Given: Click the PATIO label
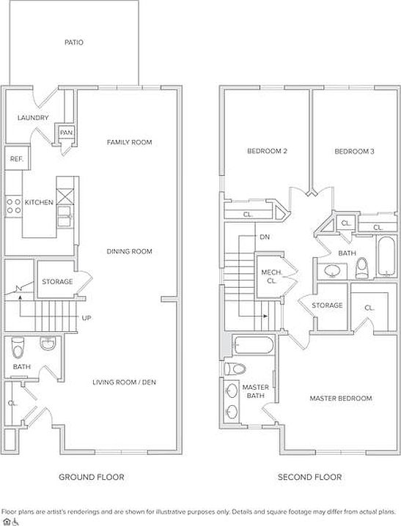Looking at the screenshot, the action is pyautogui.click(x=74, y=42).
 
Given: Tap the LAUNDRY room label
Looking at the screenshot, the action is pyautogui.click(x=33, y=118).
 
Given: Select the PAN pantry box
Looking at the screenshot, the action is pyautogui.click(x=66, y=133).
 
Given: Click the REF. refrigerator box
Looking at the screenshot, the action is pyautogui.click(x=17, y=158).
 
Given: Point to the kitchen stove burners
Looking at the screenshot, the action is pyautogui.click(x=14, y=206).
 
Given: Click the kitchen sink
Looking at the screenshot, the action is pyautogui.click(x=65, y=217).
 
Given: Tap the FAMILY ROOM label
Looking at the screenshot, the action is pyautogui.click(x=130, y=142).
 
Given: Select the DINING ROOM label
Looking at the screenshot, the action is pyautogui.click(x=129, y=251).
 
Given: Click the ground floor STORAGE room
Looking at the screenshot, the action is pyautogui.click(x=56, y=279).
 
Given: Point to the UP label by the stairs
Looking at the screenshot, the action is pyautogui.click(x=87, y=318).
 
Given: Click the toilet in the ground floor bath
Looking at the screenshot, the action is pyautogui.click(x=18, y=347).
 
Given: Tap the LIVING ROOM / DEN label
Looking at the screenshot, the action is pyautogui.click(x=124, y=382).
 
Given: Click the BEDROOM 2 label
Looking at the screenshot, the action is pyautogui.click(x=267, y=151).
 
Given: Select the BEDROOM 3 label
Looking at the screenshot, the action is pyautogui.click(x=354, y=152).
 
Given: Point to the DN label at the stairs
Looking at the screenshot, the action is pyautogui.click(x=265, y=237).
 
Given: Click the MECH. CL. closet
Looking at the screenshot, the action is pyautogui.click(x=270, y=277).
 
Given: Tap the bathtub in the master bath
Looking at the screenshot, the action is pyautogui.click(x=254, y=345).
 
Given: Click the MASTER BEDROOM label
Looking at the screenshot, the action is pyautogui.click(x=341, y=399).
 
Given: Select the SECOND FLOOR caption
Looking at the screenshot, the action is pyautogui.click(x=309, y=477).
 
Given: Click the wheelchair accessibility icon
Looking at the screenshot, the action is pyautogui.click(x=16, y=522).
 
